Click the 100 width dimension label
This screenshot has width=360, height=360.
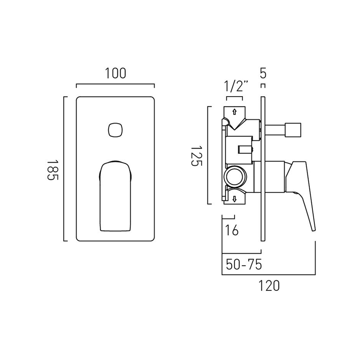point(116,73)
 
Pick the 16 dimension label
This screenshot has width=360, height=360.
point(232,230)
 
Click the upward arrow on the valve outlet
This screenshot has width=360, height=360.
point(234,112)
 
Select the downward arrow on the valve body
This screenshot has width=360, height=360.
point(234,199)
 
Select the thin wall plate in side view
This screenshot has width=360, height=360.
point(263,169)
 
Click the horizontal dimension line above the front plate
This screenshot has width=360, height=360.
point(115,85)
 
